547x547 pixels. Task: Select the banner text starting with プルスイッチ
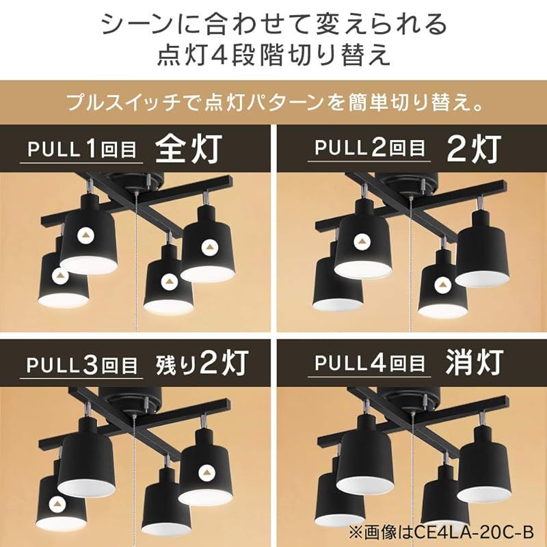coord(273,105)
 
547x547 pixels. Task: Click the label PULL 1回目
coord(81,148)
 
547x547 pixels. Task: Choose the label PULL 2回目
coord(369,148)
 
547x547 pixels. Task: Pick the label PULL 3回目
coord(81,365)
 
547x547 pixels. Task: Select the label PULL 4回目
coord(369,365)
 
